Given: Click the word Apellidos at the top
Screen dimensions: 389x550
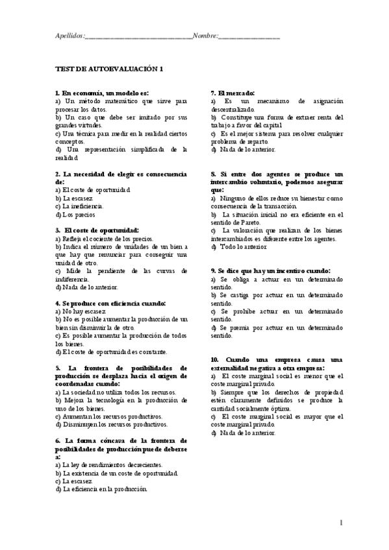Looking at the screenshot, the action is point(69,37).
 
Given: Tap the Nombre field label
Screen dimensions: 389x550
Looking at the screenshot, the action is point(205,37).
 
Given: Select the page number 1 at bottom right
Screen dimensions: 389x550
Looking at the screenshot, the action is point(341,523).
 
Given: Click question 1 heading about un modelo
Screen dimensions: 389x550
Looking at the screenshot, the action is point(102,93).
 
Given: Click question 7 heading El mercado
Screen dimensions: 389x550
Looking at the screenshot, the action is point(233,93).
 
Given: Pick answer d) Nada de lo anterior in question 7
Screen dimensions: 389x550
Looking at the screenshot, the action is point(243,149).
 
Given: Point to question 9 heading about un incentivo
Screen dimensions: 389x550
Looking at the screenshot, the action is point(271,270).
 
